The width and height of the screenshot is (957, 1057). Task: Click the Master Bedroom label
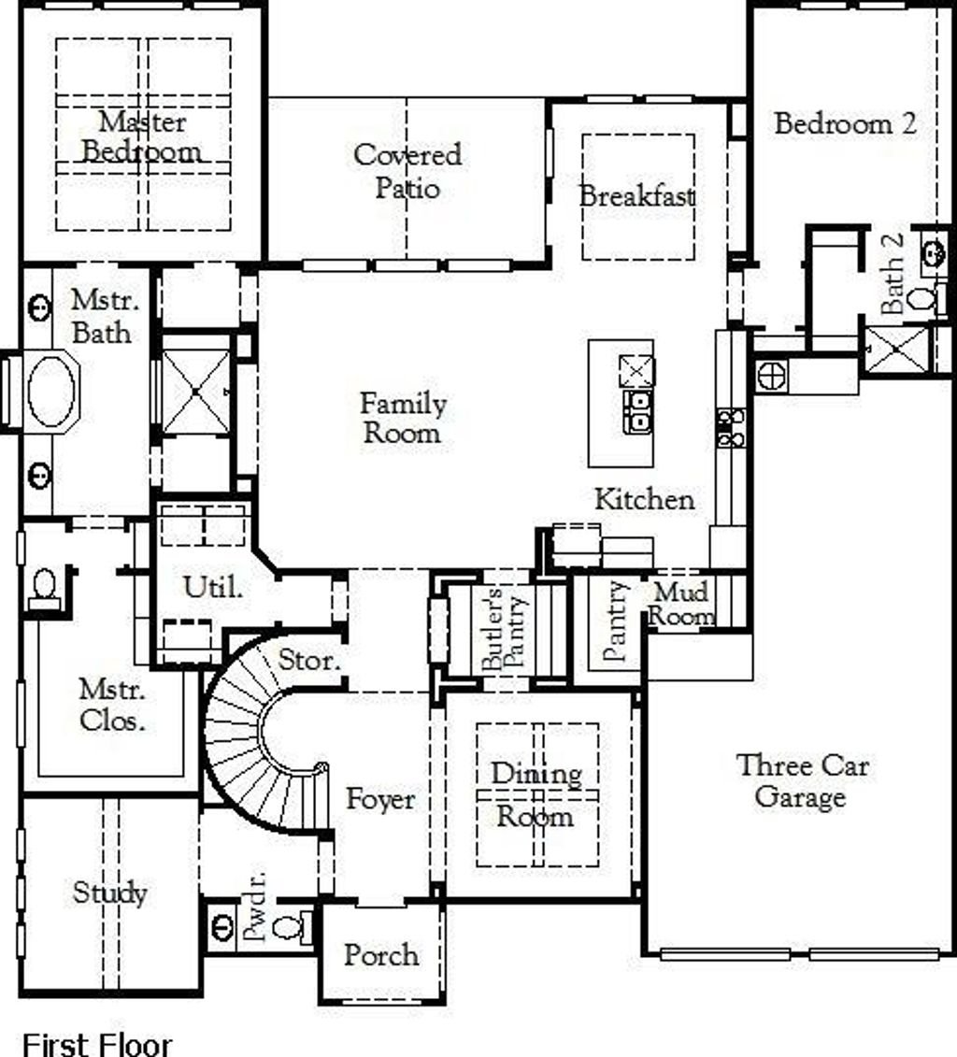[142, 136]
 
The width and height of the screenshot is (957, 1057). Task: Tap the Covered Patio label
[407, 170]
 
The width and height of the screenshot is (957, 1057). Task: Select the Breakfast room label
[637, 197]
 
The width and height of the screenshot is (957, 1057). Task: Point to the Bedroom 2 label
[845, 123]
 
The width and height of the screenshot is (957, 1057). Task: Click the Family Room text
[403, 418]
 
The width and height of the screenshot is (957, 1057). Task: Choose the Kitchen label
[645, 499]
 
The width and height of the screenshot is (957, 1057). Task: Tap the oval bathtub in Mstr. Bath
[52, 391]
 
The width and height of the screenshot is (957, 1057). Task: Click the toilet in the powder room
[293, 928]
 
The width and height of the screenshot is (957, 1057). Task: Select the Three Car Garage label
[802, 781]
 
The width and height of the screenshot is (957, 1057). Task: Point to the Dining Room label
[536, 794]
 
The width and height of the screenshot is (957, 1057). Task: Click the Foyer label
[380, 799]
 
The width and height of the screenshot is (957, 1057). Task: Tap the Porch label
[381, 955]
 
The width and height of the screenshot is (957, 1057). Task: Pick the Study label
[110, 893]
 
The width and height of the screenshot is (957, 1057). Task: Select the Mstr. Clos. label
[112, 706]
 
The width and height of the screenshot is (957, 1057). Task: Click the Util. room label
[213, 588]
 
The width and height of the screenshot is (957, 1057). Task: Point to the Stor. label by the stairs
[309, 661]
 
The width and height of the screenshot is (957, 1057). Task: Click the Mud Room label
[681, 604]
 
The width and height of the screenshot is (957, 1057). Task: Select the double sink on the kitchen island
[636, 411]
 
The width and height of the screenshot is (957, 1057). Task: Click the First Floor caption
[97, 1044]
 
